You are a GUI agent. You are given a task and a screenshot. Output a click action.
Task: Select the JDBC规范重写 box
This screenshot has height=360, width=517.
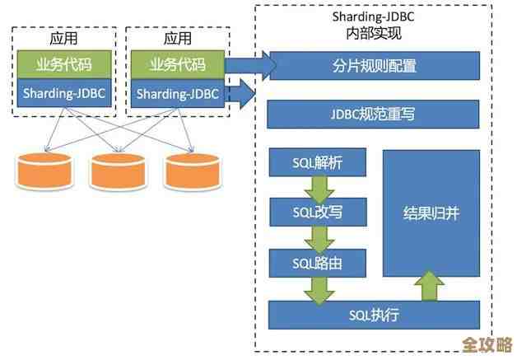point(373,114)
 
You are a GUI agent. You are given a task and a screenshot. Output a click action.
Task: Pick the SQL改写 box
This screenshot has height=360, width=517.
point(317,212)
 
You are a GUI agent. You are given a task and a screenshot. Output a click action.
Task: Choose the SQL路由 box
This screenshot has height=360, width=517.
point(317,263)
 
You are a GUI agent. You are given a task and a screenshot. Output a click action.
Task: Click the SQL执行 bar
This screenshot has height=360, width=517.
point(373,315)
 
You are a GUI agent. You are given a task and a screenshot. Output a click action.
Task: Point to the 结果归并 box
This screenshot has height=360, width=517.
point(431,213)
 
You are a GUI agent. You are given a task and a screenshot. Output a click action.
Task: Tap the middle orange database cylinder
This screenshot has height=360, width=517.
point(117,170)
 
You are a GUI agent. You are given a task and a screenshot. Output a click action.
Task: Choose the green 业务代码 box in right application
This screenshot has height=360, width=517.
point(177,64)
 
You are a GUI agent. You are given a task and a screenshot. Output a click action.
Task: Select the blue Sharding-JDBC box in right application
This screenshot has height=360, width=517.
point(177,92)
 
